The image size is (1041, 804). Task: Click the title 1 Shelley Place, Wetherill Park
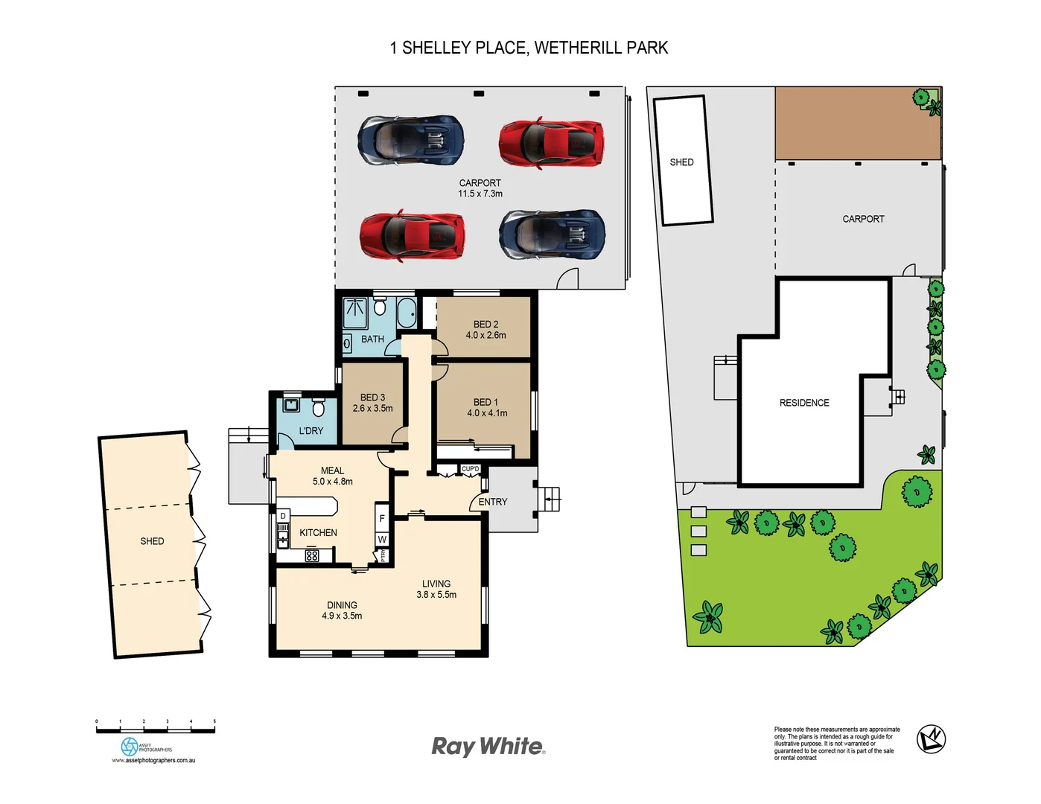[529, 48]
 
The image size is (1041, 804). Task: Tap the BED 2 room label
[486, 325]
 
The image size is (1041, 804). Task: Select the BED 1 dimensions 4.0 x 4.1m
[487, 413]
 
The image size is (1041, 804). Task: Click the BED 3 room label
[372, 398]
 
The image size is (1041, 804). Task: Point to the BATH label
[372, 339]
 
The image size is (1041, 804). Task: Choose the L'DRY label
[311, 431]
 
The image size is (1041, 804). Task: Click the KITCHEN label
[318, 533]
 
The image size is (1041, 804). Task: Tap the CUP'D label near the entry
[471, 469]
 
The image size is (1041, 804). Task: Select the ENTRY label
[493, 502]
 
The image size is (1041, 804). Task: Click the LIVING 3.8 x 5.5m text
[436, 595]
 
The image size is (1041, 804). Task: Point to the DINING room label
[342, 605]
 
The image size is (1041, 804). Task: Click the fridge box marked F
[382, 519]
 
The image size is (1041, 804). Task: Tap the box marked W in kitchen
[382, 540]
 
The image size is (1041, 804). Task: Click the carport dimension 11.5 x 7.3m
[480, 194]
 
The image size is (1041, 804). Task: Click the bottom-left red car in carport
[412, 234]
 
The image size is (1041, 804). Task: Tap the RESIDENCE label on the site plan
[804, 403]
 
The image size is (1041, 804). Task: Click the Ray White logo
[488, 747]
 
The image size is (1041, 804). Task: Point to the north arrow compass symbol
[931, 738]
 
